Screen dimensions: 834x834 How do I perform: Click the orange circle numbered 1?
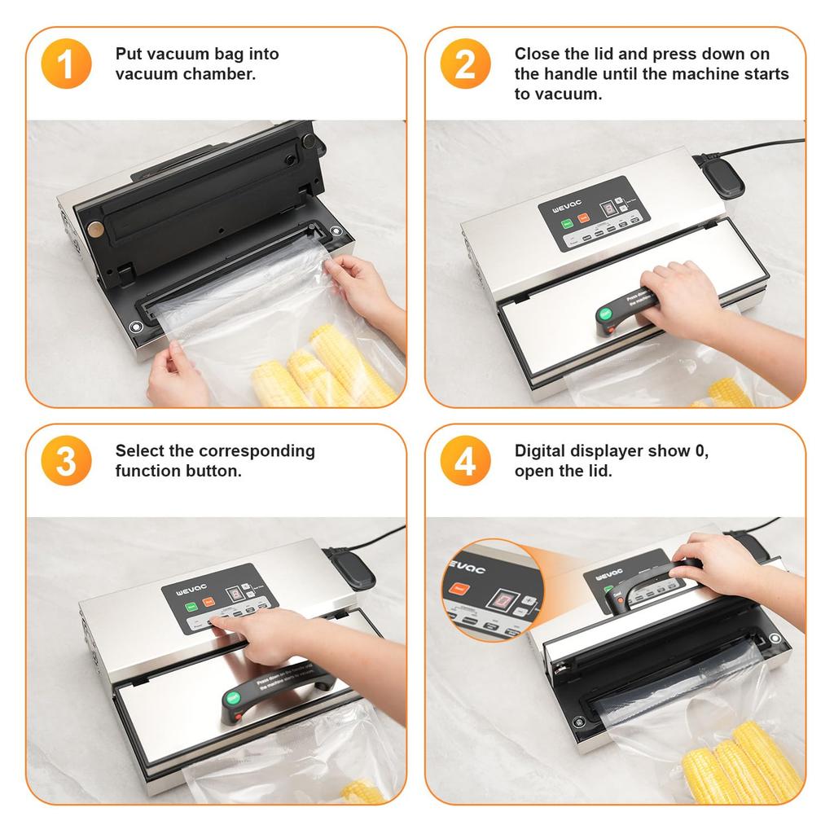click(x=66, y=64)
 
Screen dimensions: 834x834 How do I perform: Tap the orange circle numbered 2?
click(x=465, y=64)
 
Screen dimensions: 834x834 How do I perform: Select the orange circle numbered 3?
click(x=66, y=461)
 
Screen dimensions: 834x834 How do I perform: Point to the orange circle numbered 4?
click(x=465, y=461)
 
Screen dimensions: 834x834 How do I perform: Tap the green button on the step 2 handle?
click(x=606, y=314)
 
